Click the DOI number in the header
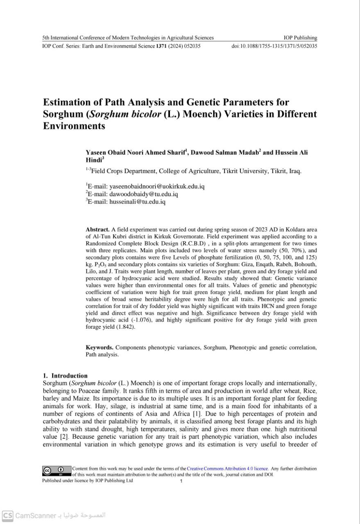(274, 46)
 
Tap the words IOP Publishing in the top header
(300, 38)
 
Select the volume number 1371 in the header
(161, 46)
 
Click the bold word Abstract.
(97, 230)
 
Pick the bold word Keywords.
(100, 348)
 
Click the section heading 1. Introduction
(65, 375)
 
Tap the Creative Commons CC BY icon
(57, 471)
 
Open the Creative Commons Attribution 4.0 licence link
(227, 468)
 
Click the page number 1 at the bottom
(181, 481)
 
